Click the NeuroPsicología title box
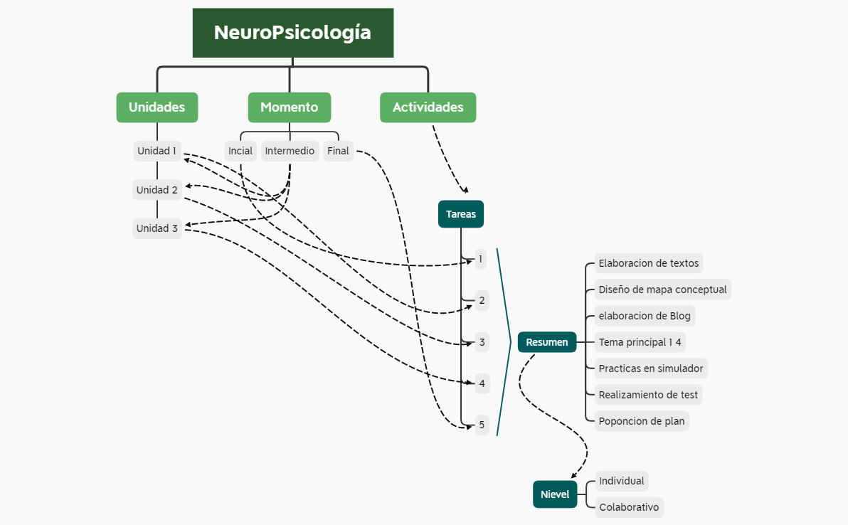[292, 33]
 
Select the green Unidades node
[157, 107]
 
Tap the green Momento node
[289, 107]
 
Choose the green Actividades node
[428, 107]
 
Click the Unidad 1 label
[157, 151]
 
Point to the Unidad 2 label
[157, 190]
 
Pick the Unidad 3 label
[157, 228]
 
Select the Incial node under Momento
[240, 151]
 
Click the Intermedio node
[290, 151]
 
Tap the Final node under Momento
[338, 151]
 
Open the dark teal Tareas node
[461, 214]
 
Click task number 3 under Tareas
[482, 342]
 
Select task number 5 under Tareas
[482, 425]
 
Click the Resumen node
[546, 342]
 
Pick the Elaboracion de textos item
[648, 263]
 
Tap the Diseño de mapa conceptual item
[662, 290]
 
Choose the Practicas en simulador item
[650, 368]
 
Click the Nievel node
[555, 494]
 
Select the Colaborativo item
[629, 507]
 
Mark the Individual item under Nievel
[621, 481]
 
